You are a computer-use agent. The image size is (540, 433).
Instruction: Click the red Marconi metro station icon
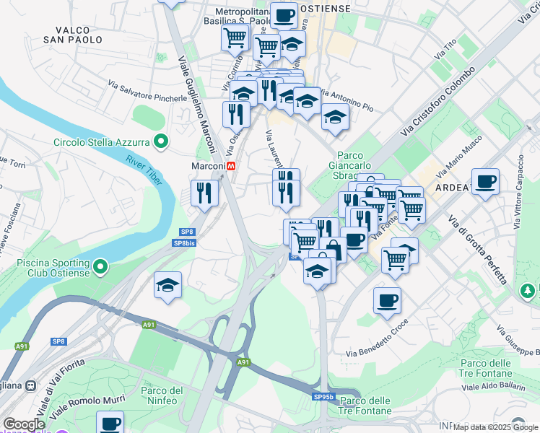(x=231, y=166)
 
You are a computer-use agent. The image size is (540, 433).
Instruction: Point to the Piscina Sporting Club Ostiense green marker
(x=99, y=267)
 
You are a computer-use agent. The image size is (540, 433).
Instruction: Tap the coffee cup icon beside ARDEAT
(x=486, y=182)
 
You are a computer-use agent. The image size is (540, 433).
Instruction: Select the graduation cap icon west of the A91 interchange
(x=167, y=285)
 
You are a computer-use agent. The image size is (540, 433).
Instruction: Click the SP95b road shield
(x=323, y=397)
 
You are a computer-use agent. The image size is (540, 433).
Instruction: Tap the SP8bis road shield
(x=185, y=244)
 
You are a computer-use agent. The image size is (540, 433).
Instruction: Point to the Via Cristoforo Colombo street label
(x=438, y=101)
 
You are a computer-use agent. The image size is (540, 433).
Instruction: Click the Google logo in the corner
(x=24, y=424)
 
